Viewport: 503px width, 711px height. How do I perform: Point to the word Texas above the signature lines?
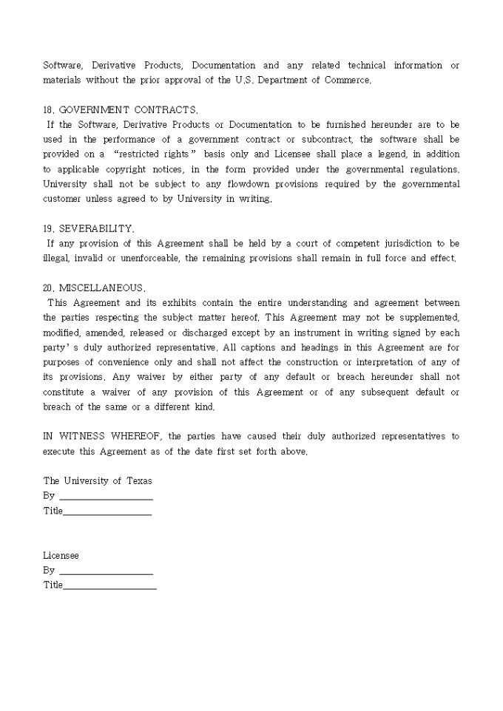coord(138,481)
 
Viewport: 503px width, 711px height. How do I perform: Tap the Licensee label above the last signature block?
coord(61,555)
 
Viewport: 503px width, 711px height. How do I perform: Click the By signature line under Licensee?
coord(106,571)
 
